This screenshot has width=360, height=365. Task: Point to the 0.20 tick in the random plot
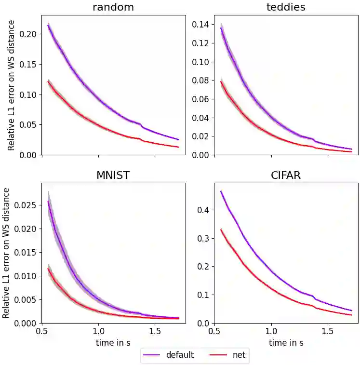pyautogui.click(x=28, y=34)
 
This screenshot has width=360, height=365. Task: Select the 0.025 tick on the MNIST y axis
pyautogui.click(x=26, y=205)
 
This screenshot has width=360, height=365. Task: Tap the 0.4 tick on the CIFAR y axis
pyautogui.click(x=203, y=210)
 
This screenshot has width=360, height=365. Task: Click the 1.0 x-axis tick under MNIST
pyautogui.click(x=98, y=332)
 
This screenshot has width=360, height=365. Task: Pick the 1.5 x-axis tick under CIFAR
pyautogui.click(x=328, y=332)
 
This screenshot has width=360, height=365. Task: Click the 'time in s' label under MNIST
pyautogui.click(x=113, y=343)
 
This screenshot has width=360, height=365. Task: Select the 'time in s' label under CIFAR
pyautogui.click(x=286, y=343)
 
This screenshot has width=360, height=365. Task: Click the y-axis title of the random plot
pyautogui.click(x=11, y=85)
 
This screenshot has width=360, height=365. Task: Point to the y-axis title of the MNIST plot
pyautogui.click(x=6, y=253)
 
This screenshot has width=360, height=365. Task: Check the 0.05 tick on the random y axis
pyautogui.click(x=28, y=125)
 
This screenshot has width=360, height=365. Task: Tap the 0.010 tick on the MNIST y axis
pyautogui.click(x=26, y=276)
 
